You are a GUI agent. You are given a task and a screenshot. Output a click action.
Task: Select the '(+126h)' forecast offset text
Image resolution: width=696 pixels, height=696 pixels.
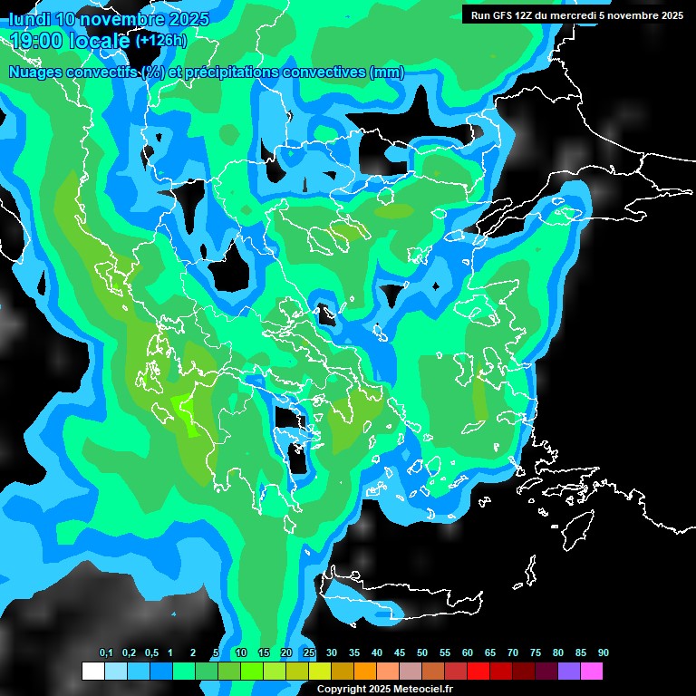click(x=160, y=40)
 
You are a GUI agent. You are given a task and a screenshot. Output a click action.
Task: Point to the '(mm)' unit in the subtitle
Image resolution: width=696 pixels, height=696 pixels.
click(x=386, y=72)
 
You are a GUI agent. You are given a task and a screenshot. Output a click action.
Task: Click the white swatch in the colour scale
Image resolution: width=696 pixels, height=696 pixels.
click(x=93, y=672)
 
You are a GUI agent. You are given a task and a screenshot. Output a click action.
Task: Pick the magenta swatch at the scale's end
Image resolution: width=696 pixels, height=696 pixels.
click(x=592, y=672)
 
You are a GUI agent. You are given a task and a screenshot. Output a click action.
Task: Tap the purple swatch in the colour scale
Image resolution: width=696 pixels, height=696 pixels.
click(x=569, y=672)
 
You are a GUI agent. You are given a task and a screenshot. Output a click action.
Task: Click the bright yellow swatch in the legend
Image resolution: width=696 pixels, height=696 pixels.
click(x=320, y=672)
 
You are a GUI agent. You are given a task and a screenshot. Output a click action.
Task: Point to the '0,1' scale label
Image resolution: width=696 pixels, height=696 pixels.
click(x=105, y=653)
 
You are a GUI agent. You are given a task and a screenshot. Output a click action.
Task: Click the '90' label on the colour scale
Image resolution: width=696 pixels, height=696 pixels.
click(x=603, y=653)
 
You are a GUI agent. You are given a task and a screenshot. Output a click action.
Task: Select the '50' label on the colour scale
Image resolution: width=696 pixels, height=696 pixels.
click(x=422, y=653)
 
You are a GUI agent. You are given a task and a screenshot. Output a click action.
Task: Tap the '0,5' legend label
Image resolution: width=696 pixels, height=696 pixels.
click(x=150, y=653)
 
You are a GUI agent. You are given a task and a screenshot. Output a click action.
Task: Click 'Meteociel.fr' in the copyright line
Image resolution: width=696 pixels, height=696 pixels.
click(x=423, y=690)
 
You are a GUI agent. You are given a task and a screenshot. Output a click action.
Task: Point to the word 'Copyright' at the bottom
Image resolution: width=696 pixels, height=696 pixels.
click(x=342, y=690)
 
